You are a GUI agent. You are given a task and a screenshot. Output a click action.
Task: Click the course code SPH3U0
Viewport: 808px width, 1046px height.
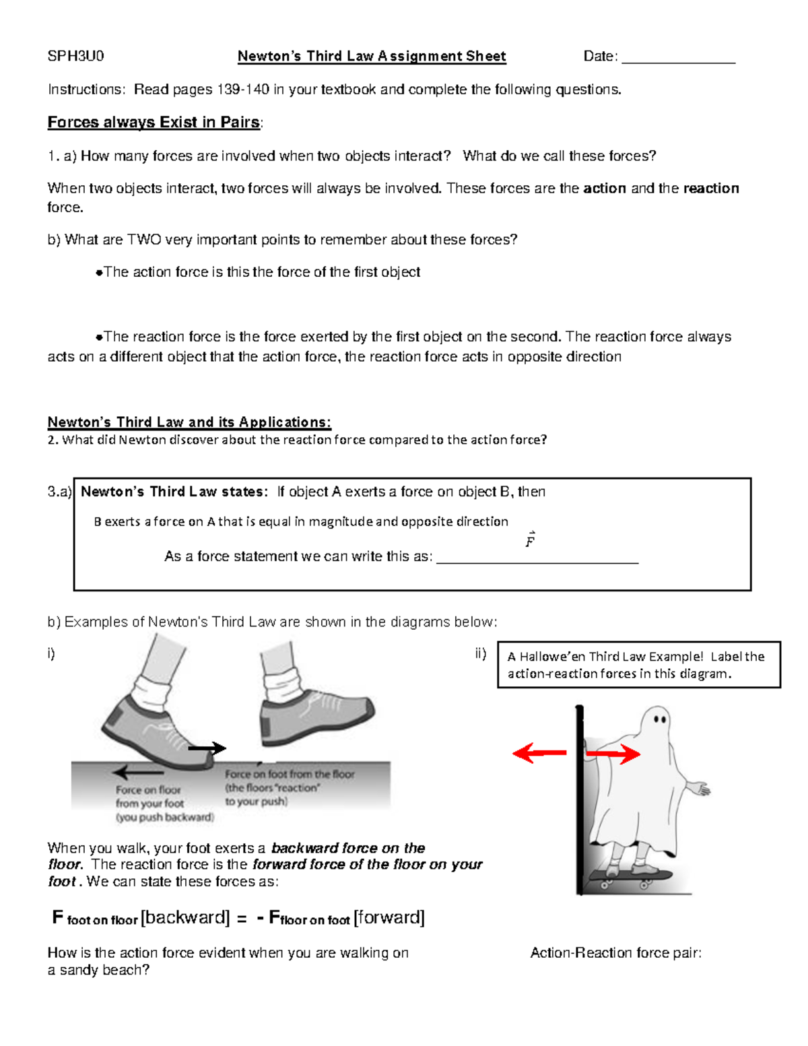click(x=75, y=56)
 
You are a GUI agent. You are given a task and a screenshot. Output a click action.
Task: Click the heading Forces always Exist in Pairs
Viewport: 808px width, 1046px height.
click(x=154, y=123)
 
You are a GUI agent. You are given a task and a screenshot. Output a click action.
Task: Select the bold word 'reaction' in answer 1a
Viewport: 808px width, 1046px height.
click(x=711, y=189)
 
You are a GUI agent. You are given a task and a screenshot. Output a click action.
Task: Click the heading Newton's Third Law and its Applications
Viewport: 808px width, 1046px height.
click(x=189, y=422)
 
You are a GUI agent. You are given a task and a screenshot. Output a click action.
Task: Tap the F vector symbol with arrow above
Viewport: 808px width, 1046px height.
click(x=531, y=540)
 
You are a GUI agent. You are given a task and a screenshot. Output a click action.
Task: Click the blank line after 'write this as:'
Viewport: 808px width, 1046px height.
click(x=537, y=559)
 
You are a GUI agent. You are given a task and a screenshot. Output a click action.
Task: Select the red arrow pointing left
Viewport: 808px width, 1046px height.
click(x=539, y=753)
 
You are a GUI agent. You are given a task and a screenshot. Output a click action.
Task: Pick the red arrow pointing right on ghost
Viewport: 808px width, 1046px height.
click(x=613, y=754)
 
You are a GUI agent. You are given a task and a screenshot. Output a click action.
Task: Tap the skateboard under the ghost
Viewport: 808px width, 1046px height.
click(x=630, y=876)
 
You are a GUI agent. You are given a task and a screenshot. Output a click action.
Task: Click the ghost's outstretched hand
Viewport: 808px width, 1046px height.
click(x=700, y=787)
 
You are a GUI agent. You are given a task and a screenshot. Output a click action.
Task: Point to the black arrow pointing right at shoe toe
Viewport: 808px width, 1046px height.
click(x=207, y=748)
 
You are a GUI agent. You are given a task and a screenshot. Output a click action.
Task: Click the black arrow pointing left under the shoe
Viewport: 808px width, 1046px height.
click(x=138, y=773)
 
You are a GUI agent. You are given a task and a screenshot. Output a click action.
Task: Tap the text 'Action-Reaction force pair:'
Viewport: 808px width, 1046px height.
click(x=615, y=952)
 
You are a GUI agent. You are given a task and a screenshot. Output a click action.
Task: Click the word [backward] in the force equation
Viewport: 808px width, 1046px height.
click(x=185, y=917)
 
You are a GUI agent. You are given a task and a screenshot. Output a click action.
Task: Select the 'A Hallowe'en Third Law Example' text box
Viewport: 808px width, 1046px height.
click(x=638, y=665)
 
